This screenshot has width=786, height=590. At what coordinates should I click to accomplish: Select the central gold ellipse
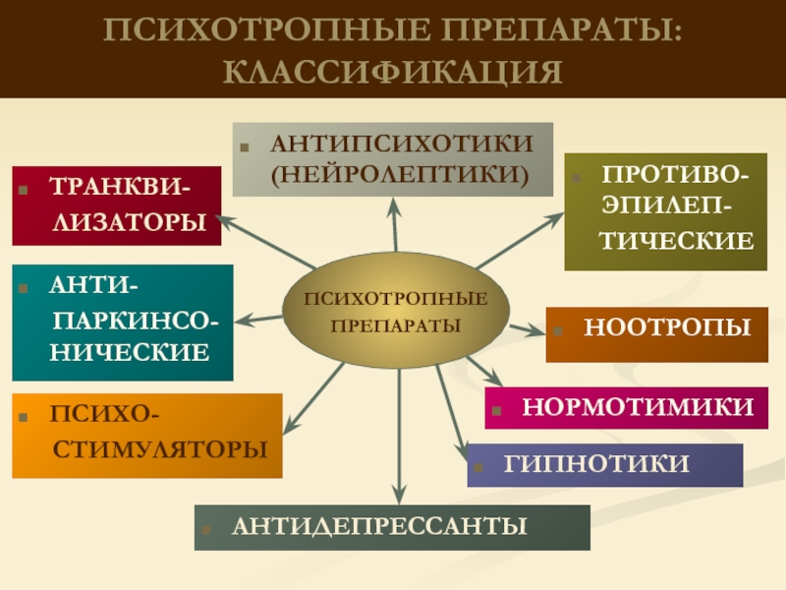tap(395, 313)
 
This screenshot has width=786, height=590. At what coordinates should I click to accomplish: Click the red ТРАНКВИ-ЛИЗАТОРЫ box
tap(116, 206)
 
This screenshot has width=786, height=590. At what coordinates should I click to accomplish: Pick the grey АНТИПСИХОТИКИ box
tap(393, 159)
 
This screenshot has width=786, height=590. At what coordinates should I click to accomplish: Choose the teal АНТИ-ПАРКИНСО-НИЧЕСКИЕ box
tap(122, 322)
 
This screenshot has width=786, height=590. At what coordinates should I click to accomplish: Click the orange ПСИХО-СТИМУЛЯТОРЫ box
tap(146, 436)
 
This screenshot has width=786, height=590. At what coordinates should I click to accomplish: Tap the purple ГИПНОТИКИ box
tap(604, 465)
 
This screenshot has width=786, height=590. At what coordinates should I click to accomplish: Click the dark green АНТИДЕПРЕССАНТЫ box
tap(392, 527)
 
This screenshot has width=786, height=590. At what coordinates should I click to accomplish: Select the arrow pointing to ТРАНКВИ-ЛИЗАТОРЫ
tap(265, 239)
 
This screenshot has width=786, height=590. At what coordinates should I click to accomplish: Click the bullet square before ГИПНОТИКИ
tap(485, 464)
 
